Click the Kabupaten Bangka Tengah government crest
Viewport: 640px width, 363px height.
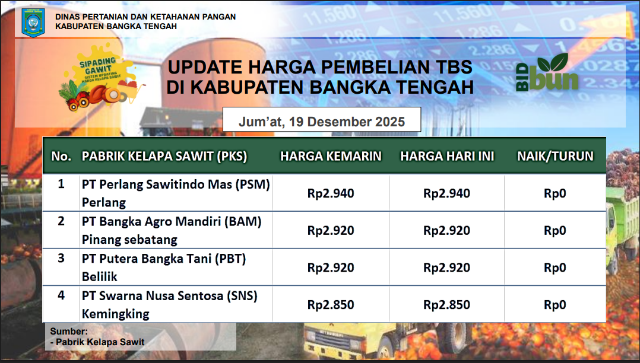pyautogui.click(x=33, y=23)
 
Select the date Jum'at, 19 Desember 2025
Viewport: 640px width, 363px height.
pyautogui.click(x=322, y=122)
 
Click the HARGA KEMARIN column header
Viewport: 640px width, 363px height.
pyautogui.click(x=331, y=156)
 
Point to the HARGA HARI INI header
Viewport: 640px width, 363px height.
pyautogui.click(x=447, y=156)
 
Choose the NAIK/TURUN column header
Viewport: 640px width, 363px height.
pyautogui.click(x=555, y=156)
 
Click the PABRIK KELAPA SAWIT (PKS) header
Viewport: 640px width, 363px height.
pyautogui.click(x=164, y=156)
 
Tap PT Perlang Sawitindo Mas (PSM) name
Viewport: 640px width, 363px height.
pyautogui.click(x=176, y=184)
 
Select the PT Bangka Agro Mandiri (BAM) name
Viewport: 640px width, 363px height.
pyautogui.click(x=172, y=221)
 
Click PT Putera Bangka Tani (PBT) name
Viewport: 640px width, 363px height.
pyautogui.click(x=164, y=259)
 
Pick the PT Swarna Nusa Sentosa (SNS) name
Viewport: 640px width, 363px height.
pyautogui.click(x=169, y=296)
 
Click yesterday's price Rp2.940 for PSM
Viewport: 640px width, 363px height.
pyautogui.click(x=331, y=193)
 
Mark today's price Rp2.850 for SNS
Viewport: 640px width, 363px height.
pyautogui.click(x=446, y=305)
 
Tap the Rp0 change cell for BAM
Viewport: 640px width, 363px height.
pyautogui.click(x=555, y=231)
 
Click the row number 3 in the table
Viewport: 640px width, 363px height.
pyautogui.click(x=61, y=258)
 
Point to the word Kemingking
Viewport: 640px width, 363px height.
pyautogui.click(x=116, y=314)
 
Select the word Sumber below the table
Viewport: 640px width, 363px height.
pyautogui.click(x=69, y=331)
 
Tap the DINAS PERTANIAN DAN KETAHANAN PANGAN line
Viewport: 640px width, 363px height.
pyautogui.click(x=145, y=17)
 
